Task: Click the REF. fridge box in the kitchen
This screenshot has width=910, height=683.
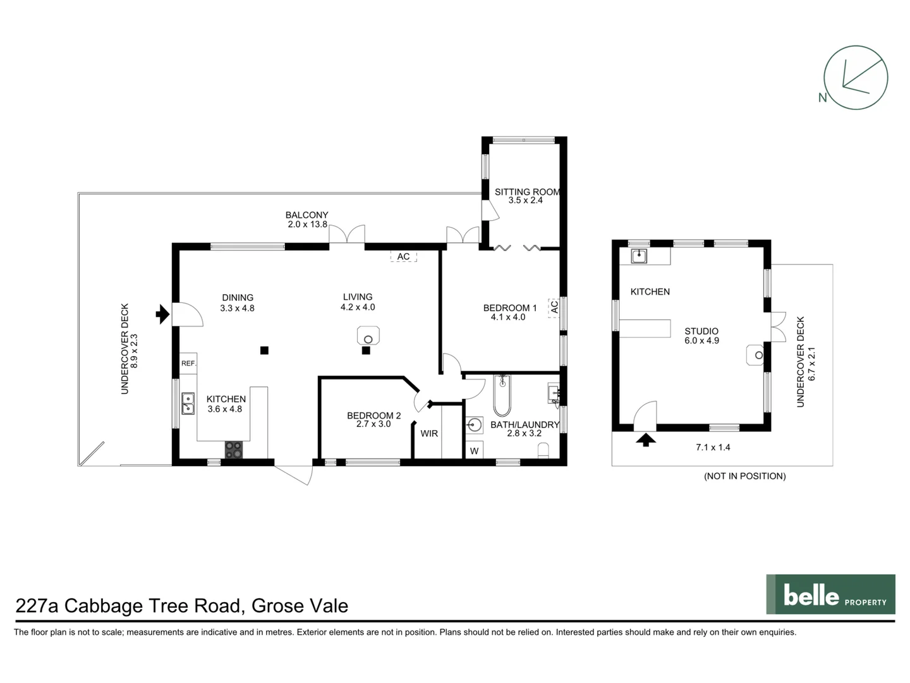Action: [x=188, y=363]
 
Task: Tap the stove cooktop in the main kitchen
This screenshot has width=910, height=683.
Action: [x=233, y=450]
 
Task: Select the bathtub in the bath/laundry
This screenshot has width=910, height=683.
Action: [x=502, y=396]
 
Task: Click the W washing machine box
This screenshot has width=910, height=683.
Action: [x=475, y=450]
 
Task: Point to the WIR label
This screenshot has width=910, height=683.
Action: [x=429, y=433]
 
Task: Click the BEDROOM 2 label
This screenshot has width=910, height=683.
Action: [x=374, y=415]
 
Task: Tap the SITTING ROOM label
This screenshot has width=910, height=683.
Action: [x=527, y=192]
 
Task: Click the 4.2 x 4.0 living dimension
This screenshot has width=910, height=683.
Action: [x=358, y=307]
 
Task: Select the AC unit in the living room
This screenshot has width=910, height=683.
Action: [x=403, y=256]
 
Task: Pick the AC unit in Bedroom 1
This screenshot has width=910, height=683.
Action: [x=554, y=307]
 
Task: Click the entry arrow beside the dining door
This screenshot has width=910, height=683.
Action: [x=162, y=314]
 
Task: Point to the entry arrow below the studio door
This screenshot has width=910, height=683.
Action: [x=645, y=440]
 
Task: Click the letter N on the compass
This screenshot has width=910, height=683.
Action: [x=823, y=98]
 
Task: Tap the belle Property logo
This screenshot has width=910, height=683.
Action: [x=830, y=594]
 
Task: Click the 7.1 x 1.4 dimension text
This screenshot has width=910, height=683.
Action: [x=713, y=448]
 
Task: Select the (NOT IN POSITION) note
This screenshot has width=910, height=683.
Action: [x=744, y=476]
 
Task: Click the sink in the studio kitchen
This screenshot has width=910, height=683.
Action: [x=639, y=256]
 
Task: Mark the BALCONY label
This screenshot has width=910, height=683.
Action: [x=306, y=215]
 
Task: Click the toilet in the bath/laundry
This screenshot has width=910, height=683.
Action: [x=543, y=451]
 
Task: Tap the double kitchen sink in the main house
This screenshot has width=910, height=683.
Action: [x=188, y=404]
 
